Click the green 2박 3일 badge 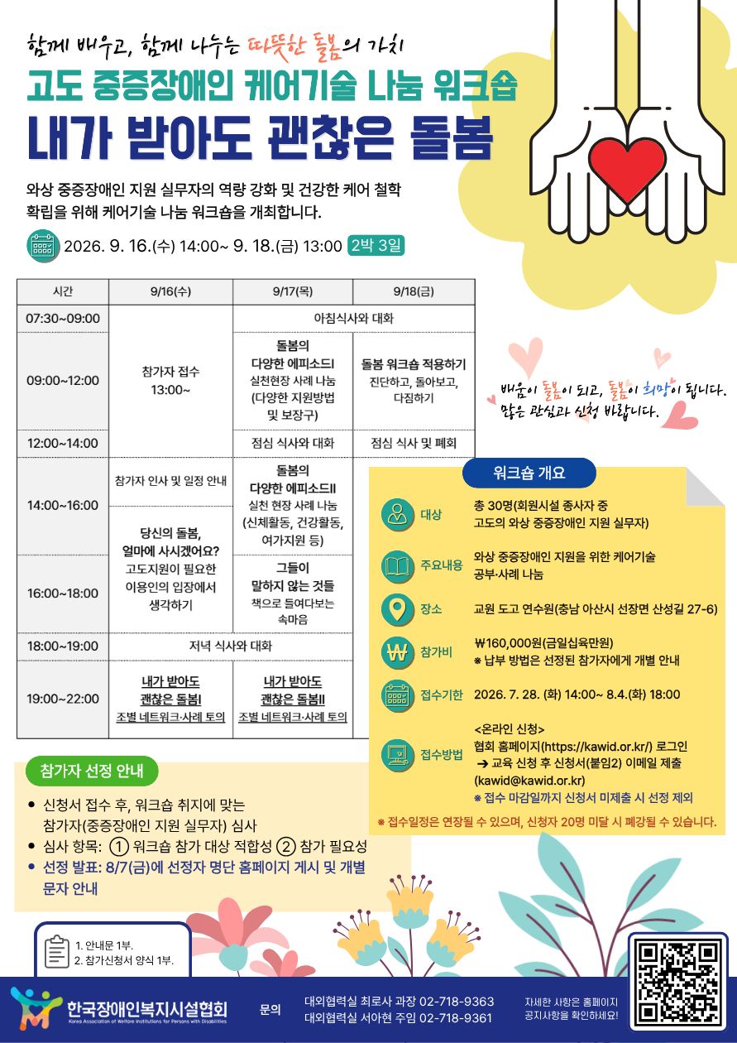[376, 245]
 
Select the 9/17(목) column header [293, 291]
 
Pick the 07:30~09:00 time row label [63, 319]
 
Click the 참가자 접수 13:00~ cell [170, 381]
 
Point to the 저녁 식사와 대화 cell [231, 646]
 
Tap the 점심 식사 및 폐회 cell [414, 443]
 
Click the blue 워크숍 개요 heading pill [529, 473]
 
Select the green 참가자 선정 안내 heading [92, 771]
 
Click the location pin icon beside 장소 [397, 609]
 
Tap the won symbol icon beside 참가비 [397, 652]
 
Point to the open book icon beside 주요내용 [397, 566]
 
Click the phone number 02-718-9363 [457, 1001]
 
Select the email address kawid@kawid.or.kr [529, 780]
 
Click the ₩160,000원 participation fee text [543, 643]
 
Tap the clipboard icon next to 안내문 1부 [57, 951]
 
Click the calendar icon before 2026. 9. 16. [43, 246]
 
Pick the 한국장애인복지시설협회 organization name [147, 1008]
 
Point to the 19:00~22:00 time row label [63, 699]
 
